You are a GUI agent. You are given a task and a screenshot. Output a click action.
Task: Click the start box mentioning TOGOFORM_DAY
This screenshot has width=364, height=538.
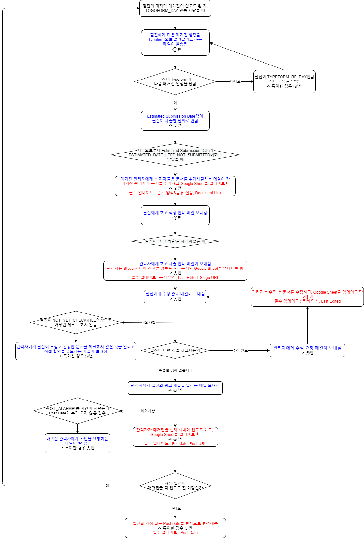[x=175, y=8]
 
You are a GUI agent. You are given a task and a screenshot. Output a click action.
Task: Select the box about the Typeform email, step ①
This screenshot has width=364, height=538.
[x=175, y=42]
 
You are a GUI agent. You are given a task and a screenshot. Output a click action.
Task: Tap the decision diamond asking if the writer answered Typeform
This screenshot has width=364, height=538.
[x=175, y=81]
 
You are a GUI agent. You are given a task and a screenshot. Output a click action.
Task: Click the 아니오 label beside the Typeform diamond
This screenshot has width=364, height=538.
[x=235, y=82]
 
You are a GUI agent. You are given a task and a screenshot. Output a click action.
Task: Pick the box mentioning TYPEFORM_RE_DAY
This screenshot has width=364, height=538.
[x=284, y=81]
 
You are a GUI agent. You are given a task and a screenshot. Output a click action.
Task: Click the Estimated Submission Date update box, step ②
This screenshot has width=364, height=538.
[x=175, y=121]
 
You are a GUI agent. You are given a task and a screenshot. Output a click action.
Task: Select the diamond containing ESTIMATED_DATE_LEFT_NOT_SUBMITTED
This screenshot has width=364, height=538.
[x=175, y=155]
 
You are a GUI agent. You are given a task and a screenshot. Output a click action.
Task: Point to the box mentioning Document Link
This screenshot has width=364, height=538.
[x=175, y=186]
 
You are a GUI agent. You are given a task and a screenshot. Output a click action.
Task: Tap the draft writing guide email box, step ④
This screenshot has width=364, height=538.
[x=175, y=215]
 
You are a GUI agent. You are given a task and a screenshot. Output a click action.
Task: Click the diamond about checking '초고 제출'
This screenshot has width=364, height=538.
[x=175, y=241]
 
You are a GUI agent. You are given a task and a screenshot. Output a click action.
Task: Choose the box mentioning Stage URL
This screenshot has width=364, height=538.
[x=175, y=270]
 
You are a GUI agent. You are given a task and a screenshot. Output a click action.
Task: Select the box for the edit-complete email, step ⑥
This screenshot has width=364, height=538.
[x=175, y=297]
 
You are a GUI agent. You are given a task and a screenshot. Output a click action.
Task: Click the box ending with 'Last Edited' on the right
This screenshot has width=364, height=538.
[x=307, y=297]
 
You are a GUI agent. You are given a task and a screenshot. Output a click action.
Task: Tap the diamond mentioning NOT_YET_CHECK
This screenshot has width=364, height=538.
[x=76, y=322]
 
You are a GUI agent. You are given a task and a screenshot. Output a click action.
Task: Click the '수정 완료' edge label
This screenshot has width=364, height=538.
[x=240, y=351]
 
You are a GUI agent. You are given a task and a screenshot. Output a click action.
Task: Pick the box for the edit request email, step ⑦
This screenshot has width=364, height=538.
[x=307, y=350]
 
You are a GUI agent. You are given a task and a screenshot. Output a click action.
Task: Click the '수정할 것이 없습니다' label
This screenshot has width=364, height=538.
[x=175, y=370]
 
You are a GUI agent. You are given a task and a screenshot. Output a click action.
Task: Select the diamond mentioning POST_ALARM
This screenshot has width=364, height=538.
[x=77, y=411]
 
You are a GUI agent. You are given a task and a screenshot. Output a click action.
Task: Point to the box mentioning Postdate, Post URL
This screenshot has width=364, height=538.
[x=175, y=437]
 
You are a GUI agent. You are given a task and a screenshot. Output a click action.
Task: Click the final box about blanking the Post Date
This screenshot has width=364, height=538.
[x=175, y=528]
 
